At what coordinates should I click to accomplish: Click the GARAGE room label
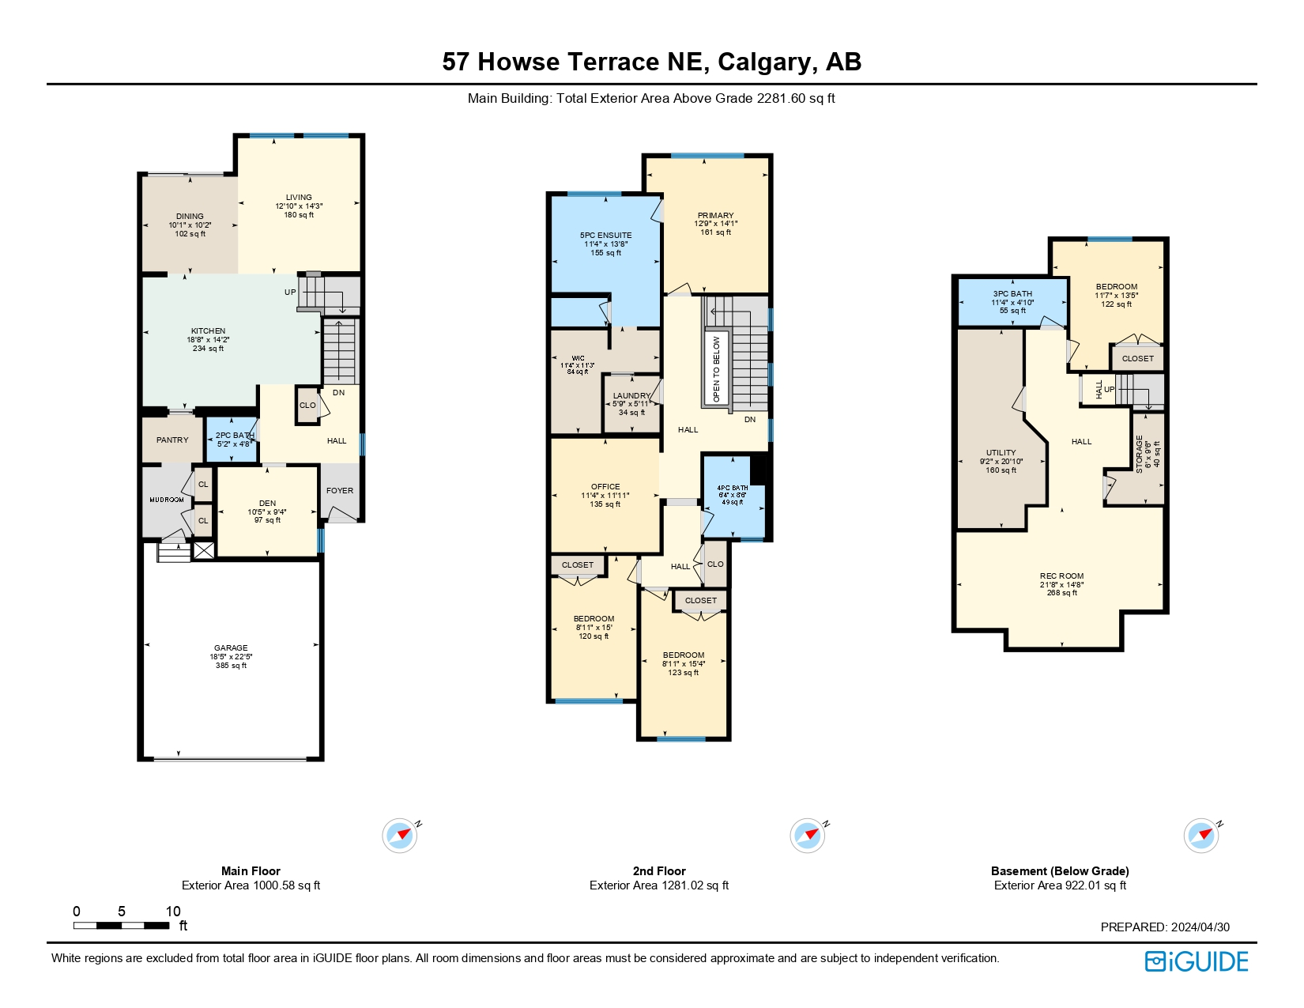[231, 648]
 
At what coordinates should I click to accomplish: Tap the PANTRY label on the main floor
[172, 440]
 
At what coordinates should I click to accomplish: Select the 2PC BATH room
[234, 440]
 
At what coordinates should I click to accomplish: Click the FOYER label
[340, 491]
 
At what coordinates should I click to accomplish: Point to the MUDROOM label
[167, 500]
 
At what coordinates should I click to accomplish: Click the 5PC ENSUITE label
[605, 236]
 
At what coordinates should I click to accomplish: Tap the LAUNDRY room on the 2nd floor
[631, 396]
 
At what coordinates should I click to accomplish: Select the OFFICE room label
[605, 487]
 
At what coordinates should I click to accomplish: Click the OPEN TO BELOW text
[717, 369]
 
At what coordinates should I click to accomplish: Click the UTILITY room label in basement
[1001, 453]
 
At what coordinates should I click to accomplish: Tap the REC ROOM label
[1061, 576]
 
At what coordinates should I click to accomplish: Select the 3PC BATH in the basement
[1012, 294]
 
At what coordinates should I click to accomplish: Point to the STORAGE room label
[1140, 453]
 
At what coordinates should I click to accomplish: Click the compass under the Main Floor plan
[400, 836]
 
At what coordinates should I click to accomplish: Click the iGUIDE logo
[1197, 961]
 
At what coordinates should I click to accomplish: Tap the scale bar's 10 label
[173, 912]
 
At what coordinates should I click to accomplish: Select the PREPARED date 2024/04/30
[1200, 927]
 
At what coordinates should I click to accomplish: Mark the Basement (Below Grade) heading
[1060, 871]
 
